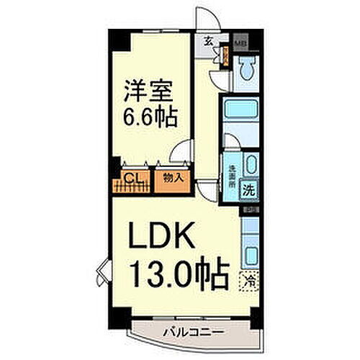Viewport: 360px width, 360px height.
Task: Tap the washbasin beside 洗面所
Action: coord(251,164)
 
